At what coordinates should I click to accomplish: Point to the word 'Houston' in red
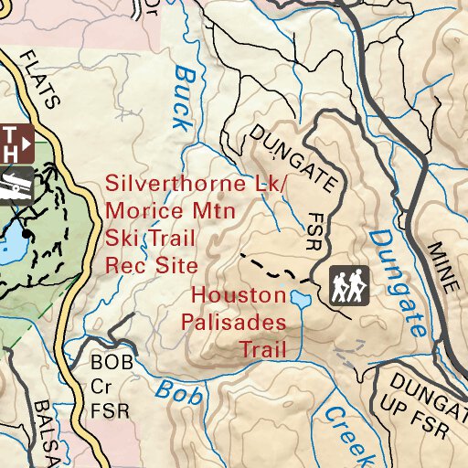tap(239, 296)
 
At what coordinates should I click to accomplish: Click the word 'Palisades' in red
tap(233, 323)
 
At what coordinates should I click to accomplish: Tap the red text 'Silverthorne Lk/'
tap(196, 182)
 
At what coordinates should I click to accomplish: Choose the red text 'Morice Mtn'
tap(171, 210)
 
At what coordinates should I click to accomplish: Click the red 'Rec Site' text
tap(152, 267)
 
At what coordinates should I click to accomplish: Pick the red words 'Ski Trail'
tap(152, 239)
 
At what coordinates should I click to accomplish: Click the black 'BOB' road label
tap(112, 362)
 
